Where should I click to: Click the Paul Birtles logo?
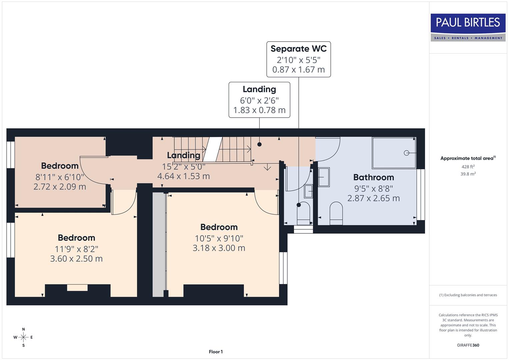[x=468, y=27]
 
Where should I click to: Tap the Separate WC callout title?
[x=298, y=49]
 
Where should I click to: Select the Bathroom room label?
[x=373, y=177]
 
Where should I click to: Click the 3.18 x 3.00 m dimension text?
[x=219, y=248]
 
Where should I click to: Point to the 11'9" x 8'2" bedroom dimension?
[x=76, y=249]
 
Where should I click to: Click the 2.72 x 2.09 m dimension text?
[x=60, y=187]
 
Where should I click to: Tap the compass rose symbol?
[x=23, y=337]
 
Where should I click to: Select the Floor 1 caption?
[x=216, y=352]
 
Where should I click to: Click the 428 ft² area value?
[x=468, y=167]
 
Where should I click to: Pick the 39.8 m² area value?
[x=468, y=174]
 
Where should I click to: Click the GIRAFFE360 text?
[x=468, y=345]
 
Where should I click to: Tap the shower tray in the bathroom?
[x=394, y=153]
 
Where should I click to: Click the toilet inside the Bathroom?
[x=336, y=213]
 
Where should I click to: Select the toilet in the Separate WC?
[x=303, y=213]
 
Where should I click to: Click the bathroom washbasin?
[x=323, y=177]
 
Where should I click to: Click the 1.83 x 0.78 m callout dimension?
[x=259, y=110]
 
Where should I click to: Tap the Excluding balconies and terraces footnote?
[x=468, y=295]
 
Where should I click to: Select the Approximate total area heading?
[x=468, y=158]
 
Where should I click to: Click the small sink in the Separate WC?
[x=308, y=191]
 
